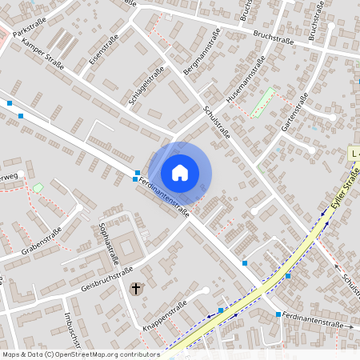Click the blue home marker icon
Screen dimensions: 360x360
pyautogui.click(x=180, y=172)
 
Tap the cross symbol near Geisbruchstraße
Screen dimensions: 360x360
pyautogui.click(x=135, y=287)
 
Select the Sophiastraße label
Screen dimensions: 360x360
pyautogui.click(x=109, y=240)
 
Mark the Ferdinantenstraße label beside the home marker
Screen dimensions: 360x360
pyautogui.click(x=163, y=196)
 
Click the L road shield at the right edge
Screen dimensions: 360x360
pyautogui.click(x=354, y=151)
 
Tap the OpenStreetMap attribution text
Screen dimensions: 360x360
pyautogui.click(x=80, y=354)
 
